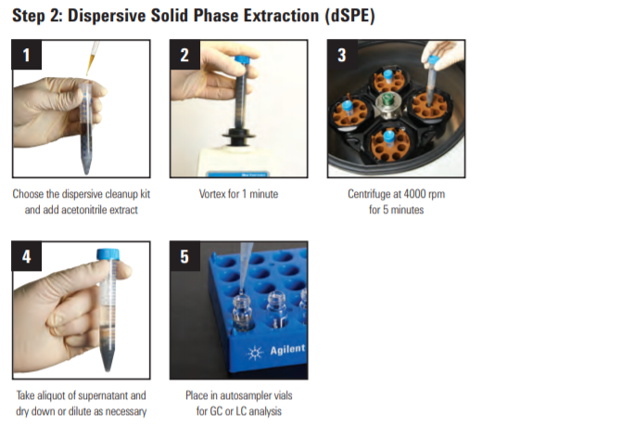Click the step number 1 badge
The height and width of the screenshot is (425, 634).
27,55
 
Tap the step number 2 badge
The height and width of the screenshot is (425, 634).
184,55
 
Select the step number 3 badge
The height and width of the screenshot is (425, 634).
342,55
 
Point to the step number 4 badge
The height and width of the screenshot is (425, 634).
27,256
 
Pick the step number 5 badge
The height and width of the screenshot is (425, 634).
184,256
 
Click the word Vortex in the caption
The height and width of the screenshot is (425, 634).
213,194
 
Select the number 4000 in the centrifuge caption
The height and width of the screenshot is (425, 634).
414,194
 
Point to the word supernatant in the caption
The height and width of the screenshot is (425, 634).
103,395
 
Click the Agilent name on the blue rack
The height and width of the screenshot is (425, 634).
287,349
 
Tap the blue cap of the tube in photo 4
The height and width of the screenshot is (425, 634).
108,254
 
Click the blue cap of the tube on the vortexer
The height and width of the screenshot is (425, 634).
243,60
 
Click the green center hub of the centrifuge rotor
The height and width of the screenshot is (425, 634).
388,98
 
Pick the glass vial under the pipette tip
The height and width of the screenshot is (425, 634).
243,313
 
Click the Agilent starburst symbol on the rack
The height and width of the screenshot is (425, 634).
255,353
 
